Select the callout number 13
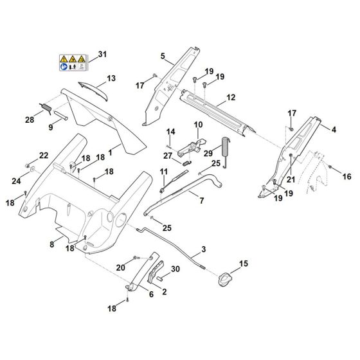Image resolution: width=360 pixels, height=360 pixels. click(111, 78)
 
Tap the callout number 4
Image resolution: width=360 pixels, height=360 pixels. click(334, 130)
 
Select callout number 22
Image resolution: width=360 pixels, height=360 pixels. click(44, 156)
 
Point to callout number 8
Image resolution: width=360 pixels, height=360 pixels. click(52, 244)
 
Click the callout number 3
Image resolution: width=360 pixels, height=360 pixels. click(204, 248)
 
